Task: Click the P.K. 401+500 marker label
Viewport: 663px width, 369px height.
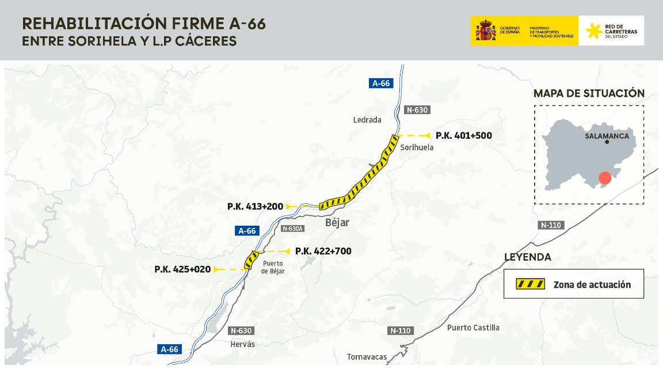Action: pos(463,136)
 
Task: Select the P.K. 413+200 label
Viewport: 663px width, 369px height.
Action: pos(255,206)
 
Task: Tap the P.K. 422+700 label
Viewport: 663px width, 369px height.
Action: pos(323,252)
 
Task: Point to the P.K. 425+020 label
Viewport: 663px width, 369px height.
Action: pos(182,269)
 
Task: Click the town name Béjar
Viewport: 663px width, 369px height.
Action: pos(337,223)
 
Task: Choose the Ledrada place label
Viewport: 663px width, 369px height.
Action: pos(367,120)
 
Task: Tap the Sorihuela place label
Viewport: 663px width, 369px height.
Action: pos(417,147)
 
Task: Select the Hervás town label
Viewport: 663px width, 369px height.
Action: pos(241,344)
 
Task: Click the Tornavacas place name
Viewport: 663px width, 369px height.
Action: pos(367,357)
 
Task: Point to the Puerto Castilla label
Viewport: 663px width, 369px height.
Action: pos(473,328)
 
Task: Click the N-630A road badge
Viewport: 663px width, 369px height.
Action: pos(292,229)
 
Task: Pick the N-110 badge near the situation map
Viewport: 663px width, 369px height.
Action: pos(551,225)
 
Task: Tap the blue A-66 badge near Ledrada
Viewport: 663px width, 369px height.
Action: pos(380,83)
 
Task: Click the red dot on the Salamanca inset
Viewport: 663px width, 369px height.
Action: pos(604,178)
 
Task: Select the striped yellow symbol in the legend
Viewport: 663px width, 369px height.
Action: pos(529,284)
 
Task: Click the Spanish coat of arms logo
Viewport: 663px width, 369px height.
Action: pos(486,31)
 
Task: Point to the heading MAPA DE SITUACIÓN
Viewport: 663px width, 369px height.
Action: pos(589,93)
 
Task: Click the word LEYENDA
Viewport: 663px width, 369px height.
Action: pos(527,257)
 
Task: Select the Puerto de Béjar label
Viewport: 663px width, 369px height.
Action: pos(273,268)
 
